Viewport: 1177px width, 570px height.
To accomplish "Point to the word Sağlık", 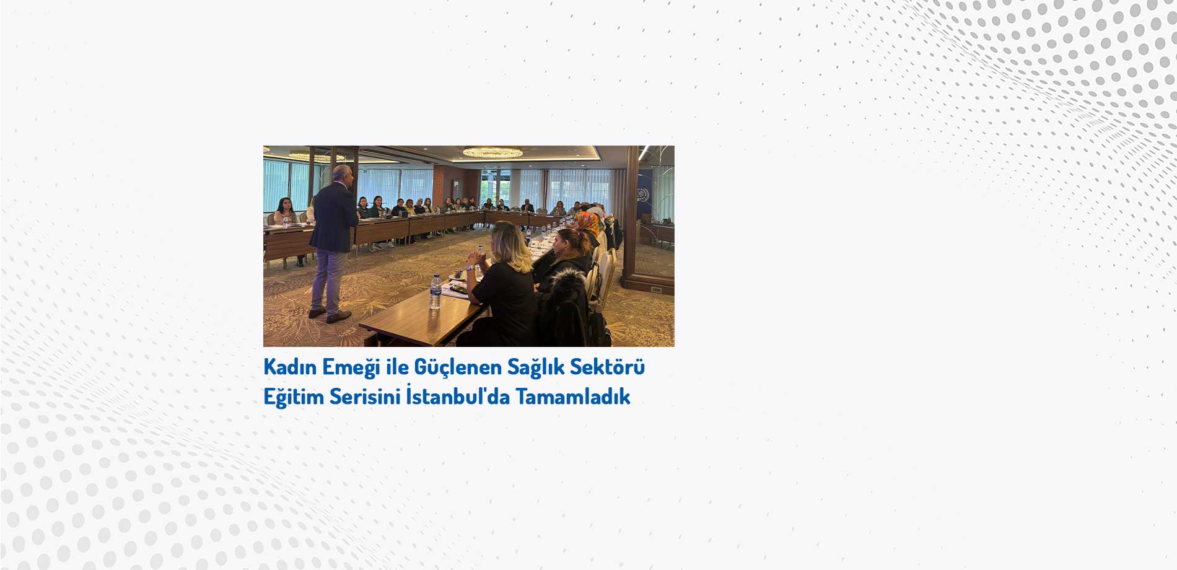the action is coord(536,367).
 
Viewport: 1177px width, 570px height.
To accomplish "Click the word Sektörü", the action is coord(608,367).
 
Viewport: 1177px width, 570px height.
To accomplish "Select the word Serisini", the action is coord(365,397).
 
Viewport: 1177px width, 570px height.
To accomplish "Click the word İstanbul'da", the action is coord(458,395).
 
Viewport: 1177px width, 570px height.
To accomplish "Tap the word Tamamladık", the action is coord(573,397).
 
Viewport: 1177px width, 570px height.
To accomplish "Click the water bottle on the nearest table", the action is coord(435,292).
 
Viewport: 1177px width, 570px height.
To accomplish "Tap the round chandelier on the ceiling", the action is coord(492,152).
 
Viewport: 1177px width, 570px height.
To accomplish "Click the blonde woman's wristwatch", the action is coord(470,268).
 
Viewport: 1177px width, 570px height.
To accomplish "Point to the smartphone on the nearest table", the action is coord(459,287).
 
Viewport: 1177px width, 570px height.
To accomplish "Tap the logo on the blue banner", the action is coord(642,194).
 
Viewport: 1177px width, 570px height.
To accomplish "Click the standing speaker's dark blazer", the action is coord(334,217).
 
